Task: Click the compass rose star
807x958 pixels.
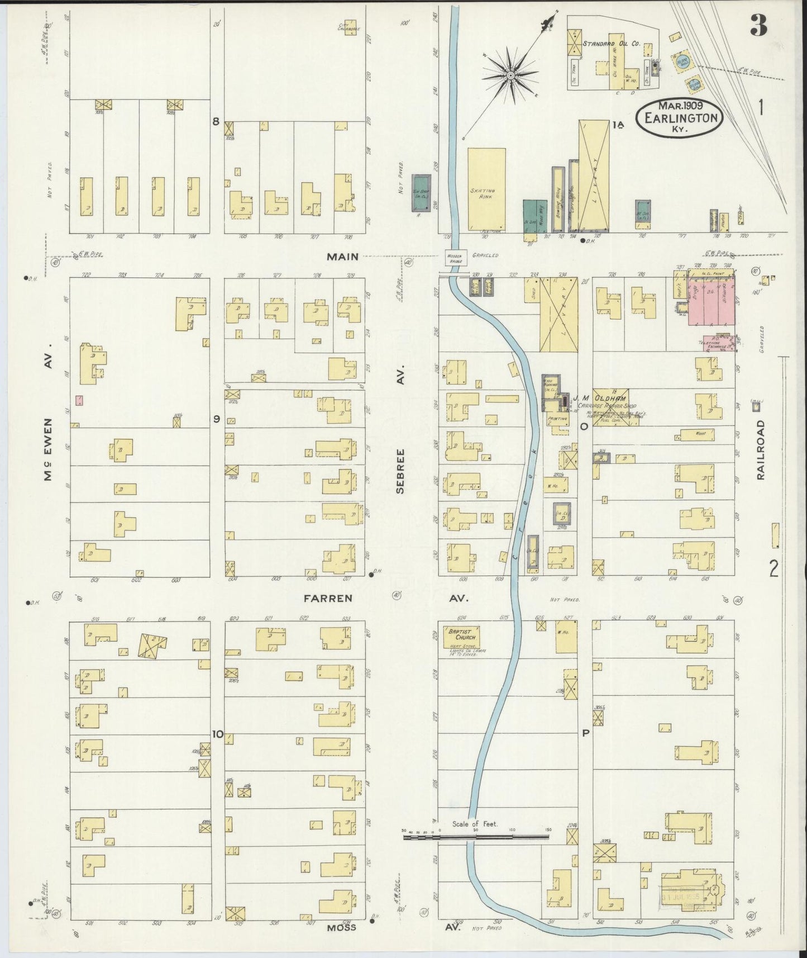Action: [x=510, y=74]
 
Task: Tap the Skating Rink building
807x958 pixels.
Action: [x=486, y=189]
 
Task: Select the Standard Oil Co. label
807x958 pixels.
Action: [x=611, y=43]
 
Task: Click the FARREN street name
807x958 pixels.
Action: [x=328, y=598]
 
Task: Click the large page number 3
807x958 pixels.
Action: [x=758, y=25]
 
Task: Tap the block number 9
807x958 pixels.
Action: [x=216, y=419]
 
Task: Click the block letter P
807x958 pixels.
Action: [x=586, y=733]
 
